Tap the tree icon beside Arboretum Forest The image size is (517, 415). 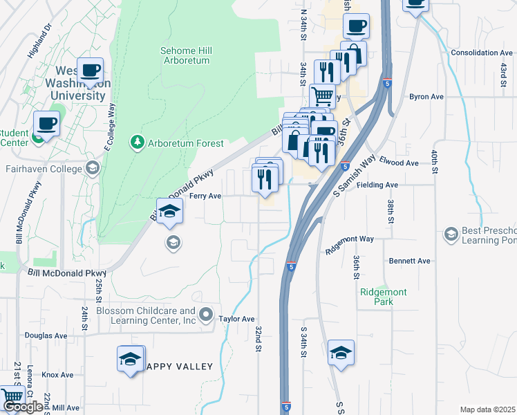137,143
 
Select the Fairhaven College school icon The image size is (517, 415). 92,168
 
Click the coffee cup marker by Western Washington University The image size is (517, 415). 91,70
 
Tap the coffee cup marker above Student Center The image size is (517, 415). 46,123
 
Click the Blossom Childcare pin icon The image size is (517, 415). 206,316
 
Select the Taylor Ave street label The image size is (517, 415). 237,319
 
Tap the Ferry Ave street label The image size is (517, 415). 205,196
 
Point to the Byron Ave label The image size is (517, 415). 426,97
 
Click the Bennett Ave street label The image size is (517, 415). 409,261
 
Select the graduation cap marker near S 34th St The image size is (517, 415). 341,353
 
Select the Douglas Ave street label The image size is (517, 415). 45,335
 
